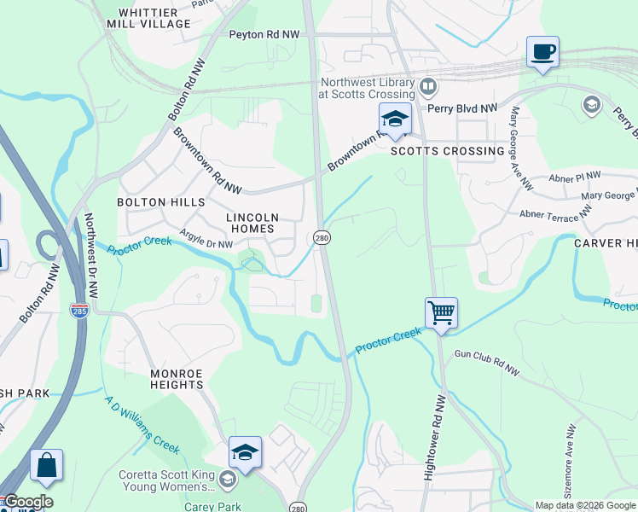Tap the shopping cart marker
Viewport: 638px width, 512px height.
(441, 312)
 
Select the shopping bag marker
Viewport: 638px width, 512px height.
(46, 465)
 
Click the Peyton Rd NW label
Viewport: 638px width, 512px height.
(264, 35)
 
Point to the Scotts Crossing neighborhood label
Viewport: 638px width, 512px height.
(447, 151)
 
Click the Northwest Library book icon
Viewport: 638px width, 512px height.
(428, 86)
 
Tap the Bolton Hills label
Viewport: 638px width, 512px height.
(162, 202)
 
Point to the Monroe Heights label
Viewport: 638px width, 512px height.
(177, 379)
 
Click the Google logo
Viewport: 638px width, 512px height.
(28, 502)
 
